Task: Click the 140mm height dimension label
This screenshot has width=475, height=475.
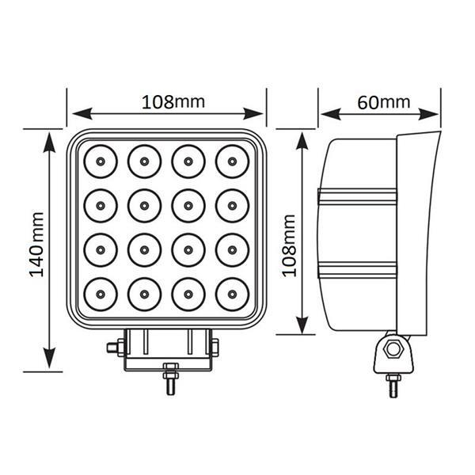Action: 37,245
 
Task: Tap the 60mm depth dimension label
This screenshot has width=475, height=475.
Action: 384,102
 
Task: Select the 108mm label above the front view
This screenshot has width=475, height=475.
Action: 173,102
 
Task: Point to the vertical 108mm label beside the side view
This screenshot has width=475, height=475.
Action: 289,245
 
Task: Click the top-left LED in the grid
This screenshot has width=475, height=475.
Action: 101,161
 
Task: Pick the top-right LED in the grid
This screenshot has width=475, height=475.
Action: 232,161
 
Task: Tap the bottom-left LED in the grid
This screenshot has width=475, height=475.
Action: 101,294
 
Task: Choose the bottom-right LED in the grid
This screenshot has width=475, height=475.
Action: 232,294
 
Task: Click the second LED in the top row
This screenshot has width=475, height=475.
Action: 144,161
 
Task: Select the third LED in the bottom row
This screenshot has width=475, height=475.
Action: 188,294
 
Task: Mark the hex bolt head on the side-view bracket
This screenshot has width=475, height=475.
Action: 393,349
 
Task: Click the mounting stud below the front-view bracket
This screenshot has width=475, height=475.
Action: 171,378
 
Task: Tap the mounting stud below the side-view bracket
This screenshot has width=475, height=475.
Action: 393,386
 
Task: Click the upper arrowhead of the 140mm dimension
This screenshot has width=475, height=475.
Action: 49,142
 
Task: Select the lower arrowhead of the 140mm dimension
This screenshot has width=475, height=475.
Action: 49,359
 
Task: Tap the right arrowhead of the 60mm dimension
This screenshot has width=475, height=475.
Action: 428,114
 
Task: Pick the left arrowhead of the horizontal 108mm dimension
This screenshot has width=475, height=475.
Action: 82,113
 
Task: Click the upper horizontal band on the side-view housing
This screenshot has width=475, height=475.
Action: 357,196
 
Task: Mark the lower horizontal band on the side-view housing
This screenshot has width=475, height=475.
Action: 357,270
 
